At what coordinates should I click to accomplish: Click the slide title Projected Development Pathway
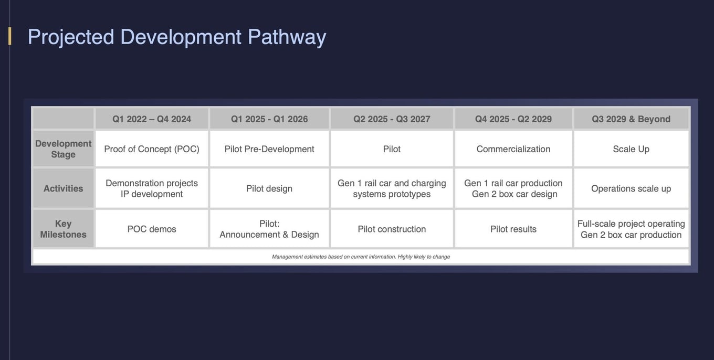[x=177, y=38]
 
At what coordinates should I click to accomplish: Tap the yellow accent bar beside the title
[x=10, y=36]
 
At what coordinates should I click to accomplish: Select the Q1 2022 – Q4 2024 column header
[x=152, y=119]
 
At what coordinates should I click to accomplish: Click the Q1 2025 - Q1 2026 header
[x=269, y=119]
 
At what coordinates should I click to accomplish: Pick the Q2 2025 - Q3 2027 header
[x=392, y=119]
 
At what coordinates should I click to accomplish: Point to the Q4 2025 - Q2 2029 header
[x=513, y=119]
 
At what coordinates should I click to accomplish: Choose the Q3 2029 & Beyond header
[x=631, y=119]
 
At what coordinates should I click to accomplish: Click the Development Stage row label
[x=63, y=149]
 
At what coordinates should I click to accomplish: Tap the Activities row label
[x=63, y=188]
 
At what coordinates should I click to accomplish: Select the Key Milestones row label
[x=63, y=229]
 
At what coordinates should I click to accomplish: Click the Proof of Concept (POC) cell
[x=152, y=149]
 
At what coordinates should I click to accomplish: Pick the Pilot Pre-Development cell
[x=269, y=149]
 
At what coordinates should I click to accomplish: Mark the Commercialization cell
[x=513, y=149]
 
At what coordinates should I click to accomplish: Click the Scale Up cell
[x=631, y=149]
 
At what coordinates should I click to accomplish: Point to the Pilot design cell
[x=269, y=188]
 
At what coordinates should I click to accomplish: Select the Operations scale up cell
[x=631, y=188]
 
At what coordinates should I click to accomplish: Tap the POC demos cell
[x=152, y=229]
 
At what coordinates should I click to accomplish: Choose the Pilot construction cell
[x=392, y=229]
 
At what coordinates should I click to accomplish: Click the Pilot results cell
[x=513, y=229]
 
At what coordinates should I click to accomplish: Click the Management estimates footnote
[x=361, y=257]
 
